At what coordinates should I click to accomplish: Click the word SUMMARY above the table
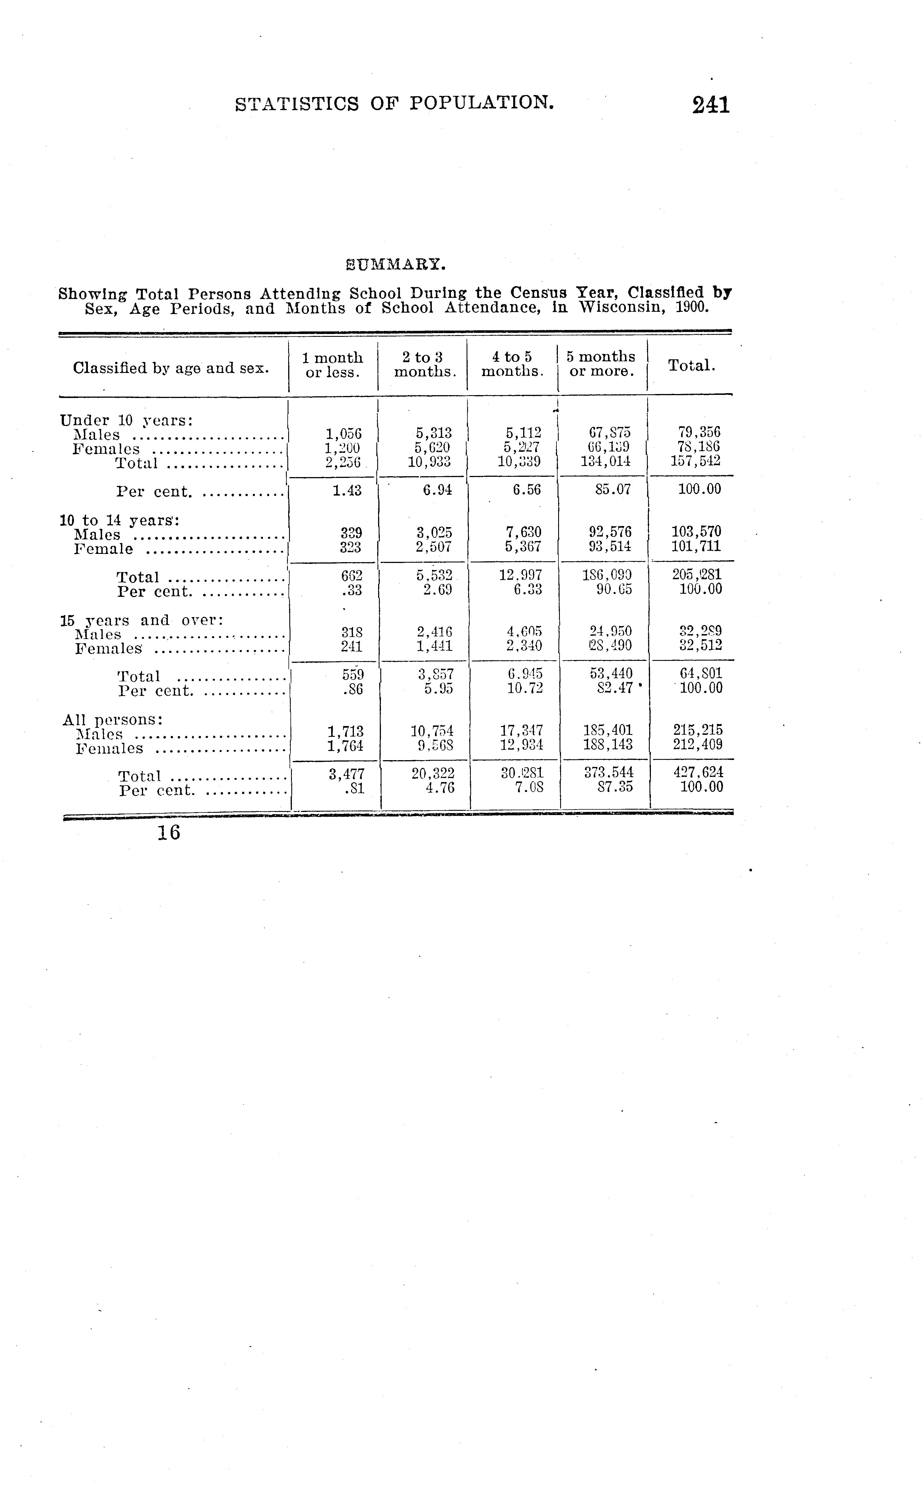[x=395, y=265]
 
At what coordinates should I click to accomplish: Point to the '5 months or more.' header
[x=601, y=364]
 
